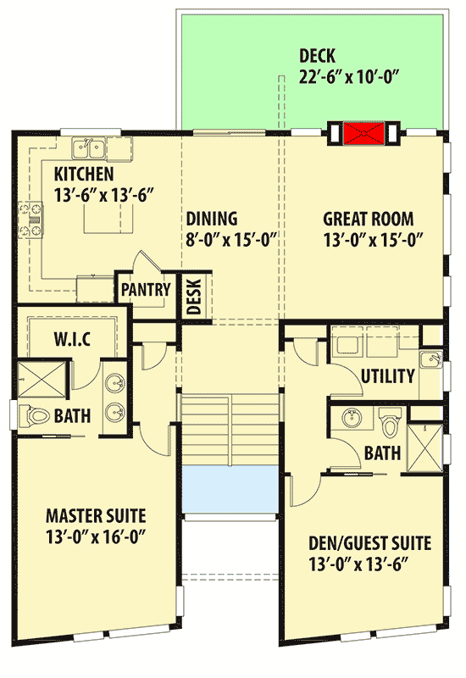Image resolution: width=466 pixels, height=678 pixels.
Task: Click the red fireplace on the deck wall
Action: [x=363, y=132]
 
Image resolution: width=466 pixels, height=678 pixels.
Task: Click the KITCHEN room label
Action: [x=84, y=175]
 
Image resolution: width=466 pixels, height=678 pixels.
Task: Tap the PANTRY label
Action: [x=146, y=289]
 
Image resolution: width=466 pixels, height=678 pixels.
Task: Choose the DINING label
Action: [x=212, y=219]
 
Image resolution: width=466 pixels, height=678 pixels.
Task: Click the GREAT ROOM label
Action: [x=369, y=219]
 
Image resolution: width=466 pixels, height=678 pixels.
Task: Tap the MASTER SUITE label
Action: [x=96, y=515]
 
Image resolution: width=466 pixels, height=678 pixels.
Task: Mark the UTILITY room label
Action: [x=387, y=376]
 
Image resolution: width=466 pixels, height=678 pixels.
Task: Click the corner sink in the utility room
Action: [x=432, y=360]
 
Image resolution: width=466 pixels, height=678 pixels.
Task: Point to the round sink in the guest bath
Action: [x=350, y=418]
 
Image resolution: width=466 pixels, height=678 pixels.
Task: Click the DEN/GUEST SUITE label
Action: [x=369, y=542]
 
